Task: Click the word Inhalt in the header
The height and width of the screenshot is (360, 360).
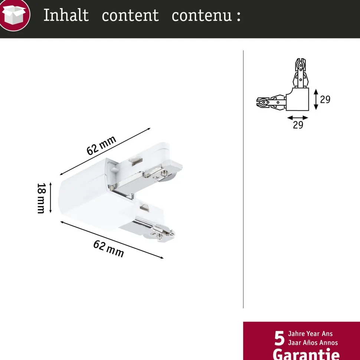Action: coord(66,15)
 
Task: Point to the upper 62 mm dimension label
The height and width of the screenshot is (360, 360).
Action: coord(101,145)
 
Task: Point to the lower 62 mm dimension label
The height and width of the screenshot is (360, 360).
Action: coord(109,249)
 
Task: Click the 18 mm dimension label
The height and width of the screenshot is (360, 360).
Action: coord(41,198)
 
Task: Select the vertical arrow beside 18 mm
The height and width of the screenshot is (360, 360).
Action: coord(50,198)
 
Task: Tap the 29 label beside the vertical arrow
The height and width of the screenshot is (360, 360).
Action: coord(325,99)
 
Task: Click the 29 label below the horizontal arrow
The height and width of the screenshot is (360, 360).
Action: coord(298,125)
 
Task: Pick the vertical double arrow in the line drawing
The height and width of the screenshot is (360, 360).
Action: coord(316,99)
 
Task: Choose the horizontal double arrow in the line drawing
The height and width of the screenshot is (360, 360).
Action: coord(298,118)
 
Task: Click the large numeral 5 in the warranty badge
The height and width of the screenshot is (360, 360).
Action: coord(279,338)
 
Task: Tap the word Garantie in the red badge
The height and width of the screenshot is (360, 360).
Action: coord(306,354)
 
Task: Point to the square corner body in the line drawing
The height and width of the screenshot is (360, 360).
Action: coord(297,99)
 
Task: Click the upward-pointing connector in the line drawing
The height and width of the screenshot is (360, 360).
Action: coord(301,73)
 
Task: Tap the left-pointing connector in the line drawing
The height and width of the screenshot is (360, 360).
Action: coord(271,102)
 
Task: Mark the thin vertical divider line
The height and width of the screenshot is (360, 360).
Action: coord(243,179)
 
